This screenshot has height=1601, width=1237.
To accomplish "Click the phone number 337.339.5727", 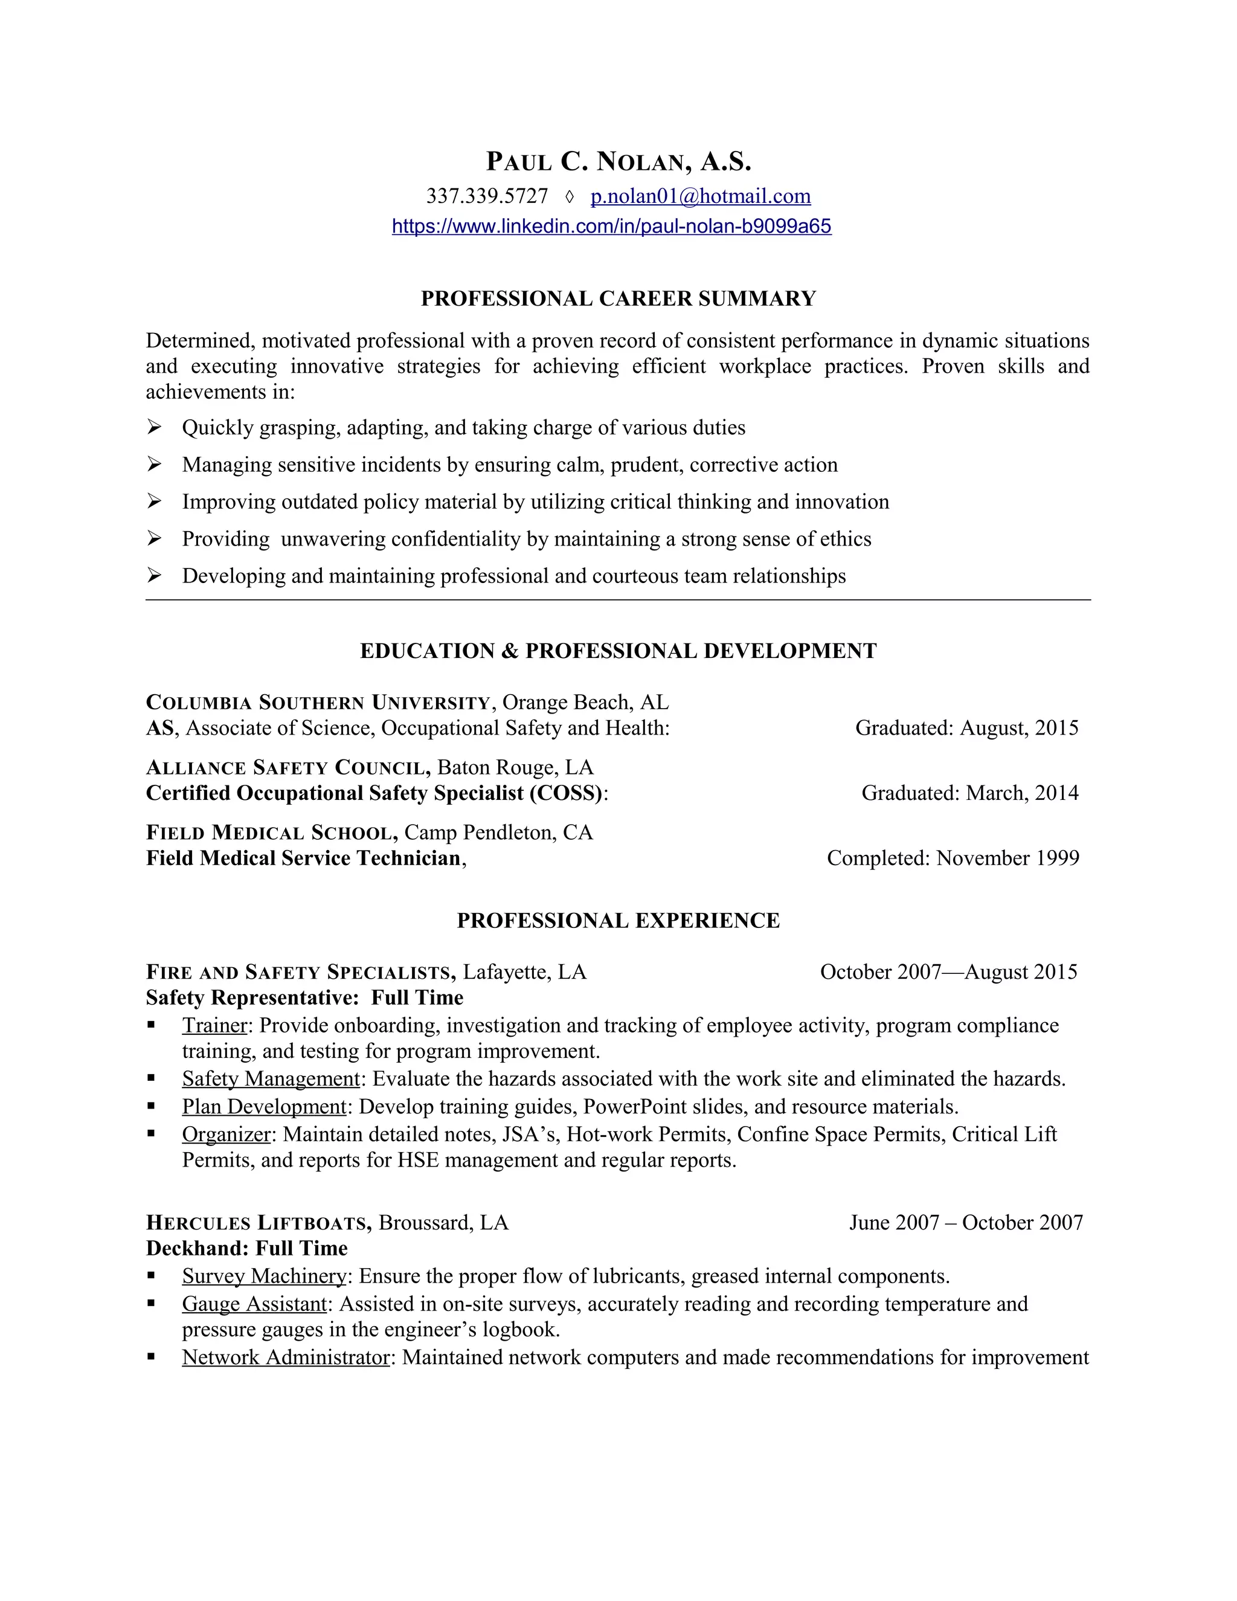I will click(487, 196).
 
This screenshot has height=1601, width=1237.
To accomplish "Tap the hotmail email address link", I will click(700, 196).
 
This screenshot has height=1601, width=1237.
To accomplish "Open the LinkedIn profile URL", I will click(611, 226).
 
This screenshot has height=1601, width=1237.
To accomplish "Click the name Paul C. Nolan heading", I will click(618, 161).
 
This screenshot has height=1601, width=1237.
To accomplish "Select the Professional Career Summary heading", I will click(618, 298).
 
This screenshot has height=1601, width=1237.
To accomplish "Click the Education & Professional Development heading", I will click(618, 651).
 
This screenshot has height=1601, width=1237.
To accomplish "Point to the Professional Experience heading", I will click(618, 921).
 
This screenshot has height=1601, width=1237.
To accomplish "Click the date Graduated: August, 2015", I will click(966, 728).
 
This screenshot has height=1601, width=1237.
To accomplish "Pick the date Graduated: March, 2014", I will click(969, 793).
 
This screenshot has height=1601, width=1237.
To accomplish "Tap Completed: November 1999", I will click(952, 858).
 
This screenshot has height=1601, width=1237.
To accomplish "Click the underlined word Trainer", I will click(214, 1026).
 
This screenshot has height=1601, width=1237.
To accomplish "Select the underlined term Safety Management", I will click(271, 1079).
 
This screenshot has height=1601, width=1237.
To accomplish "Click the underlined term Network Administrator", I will click(285, 1358).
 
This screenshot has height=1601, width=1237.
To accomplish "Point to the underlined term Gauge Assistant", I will click(254, 1304).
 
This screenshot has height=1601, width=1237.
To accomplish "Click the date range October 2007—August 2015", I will click(948, 972).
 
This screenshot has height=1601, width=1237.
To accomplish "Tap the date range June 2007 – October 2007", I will click(965, 1223).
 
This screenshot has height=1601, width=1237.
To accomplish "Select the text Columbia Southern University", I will click(317, 703).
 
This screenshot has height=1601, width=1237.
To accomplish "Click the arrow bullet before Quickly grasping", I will click(154, 427).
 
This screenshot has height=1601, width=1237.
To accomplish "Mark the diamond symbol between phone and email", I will click(570, 196).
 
